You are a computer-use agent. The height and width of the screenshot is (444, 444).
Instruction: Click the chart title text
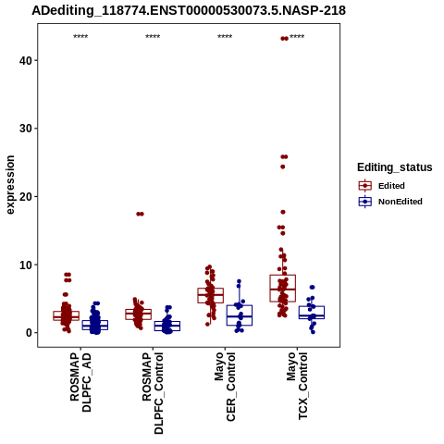189,11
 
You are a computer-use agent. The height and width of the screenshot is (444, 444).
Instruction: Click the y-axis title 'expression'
10,185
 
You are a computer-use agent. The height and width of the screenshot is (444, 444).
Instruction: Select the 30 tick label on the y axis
26,129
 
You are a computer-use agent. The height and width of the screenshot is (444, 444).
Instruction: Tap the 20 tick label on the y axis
26,196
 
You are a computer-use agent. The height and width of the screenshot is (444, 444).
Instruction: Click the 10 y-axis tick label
26,265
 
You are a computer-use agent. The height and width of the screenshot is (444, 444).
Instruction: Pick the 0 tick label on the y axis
29,333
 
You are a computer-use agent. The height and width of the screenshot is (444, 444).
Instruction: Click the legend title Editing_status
395,167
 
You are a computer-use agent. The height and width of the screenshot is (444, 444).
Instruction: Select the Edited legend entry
391,186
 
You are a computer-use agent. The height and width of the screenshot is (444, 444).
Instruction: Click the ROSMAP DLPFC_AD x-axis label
80,382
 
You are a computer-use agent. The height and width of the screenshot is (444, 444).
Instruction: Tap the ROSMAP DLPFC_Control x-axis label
153,393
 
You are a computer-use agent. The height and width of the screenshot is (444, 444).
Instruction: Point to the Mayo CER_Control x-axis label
225,387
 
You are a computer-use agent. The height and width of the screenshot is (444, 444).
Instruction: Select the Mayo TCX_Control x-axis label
297,386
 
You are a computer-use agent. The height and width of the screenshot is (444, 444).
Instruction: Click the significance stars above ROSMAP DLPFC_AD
80,37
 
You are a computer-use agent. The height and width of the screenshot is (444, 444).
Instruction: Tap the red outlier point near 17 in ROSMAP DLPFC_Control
140,214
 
